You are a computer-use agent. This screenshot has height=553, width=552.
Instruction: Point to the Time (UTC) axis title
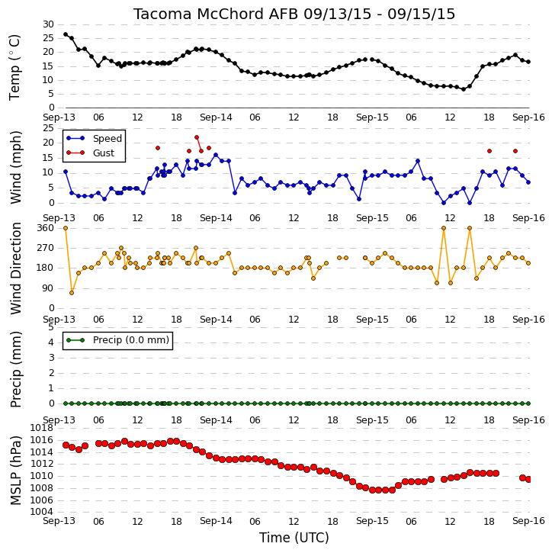(x=294, y=538)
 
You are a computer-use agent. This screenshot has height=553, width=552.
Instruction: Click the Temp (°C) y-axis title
(x=14, y=67)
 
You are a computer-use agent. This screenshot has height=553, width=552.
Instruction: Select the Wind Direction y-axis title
(x=15, y=268)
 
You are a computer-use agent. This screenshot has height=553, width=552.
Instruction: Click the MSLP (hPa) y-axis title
(x=15, y=471)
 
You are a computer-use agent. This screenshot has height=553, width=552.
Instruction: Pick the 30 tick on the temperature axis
(x=48, y=24)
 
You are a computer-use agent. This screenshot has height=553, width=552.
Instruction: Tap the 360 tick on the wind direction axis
(x=46, y=228)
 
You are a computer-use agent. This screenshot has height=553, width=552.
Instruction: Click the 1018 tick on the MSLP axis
(x=42, y=428)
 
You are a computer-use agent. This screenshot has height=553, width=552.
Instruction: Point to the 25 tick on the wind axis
(x=48, y=128)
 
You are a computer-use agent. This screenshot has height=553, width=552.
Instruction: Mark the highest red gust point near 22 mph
(x=197, y=137)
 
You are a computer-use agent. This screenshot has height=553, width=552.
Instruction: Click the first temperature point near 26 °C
(x=66, y=34)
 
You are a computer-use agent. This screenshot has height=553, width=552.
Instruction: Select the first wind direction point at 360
(x=66, y=228)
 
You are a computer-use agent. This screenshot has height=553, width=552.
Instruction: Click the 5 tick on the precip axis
(x=51, y=327)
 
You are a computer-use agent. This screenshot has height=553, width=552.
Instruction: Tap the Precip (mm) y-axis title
(x=15, y=370)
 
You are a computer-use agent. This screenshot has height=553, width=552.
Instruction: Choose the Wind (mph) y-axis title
(x=15, y=168)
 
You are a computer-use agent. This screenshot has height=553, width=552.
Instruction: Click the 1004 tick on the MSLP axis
(x=42, y=512)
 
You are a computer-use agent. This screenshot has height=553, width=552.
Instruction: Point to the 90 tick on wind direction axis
(x=48, y=288)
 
